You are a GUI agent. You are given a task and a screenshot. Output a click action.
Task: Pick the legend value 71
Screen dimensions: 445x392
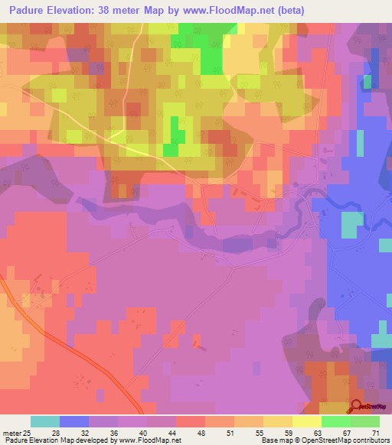pos(376,433)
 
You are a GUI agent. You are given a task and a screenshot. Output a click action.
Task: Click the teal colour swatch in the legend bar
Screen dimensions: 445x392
pos(45,421)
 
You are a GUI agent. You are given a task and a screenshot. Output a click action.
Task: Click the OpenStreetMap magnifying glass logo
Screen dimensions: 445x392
pos(357,406)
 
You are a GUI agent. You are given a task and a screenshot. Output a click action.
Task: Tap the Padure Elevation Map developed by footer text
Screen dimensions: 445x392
pos(57,440)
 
